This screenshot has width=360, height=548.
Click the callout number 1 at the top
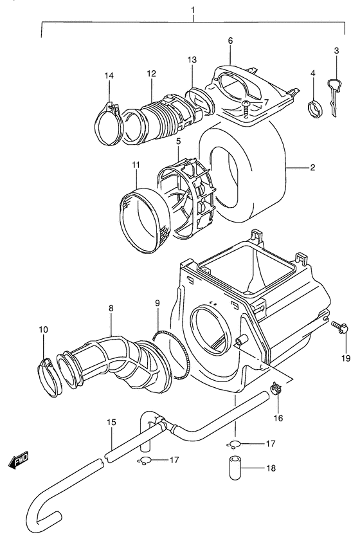point(192,10)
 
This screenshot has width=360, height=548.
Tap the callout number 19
point(345,358)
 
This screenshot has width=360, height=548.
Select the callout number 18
point(271,469)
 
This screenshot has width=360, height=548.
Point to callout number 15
point(111,423)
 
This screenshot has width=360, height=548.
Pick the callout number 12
point(152,74)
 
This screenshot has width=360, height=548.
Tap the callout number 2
point(312,168)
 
